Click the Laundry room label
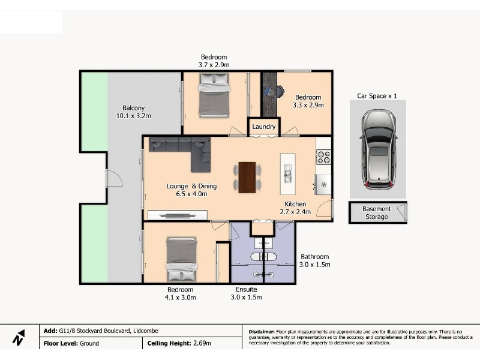[263, 127]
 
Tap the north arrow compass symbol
[19, 338]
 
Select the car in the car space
[379, 149]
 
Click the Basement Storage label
[377, 213]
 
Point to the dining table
[247, 178]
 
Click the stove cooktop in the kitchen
[323, 157]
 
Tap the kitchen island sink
[287, 174]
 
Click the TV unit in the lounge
[178, 215]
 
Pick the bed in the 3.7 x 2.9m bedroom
[214, 95]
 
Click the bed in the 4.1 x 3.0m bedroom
[182, 259]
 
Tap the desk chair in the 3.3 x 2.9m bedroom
[280, 91]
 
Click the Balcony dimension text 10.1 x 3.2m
[133, 116]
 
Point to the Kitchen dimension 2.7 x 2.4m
[295, 212]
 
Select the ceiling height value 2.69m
[202, 343]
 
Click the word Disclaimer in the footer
[262, 332]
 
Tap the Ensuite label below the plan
[247, 289]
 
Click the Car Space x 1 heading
[377, 96]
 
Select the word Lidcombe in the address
[146, 331]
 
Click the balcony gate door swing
[115, 178]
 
